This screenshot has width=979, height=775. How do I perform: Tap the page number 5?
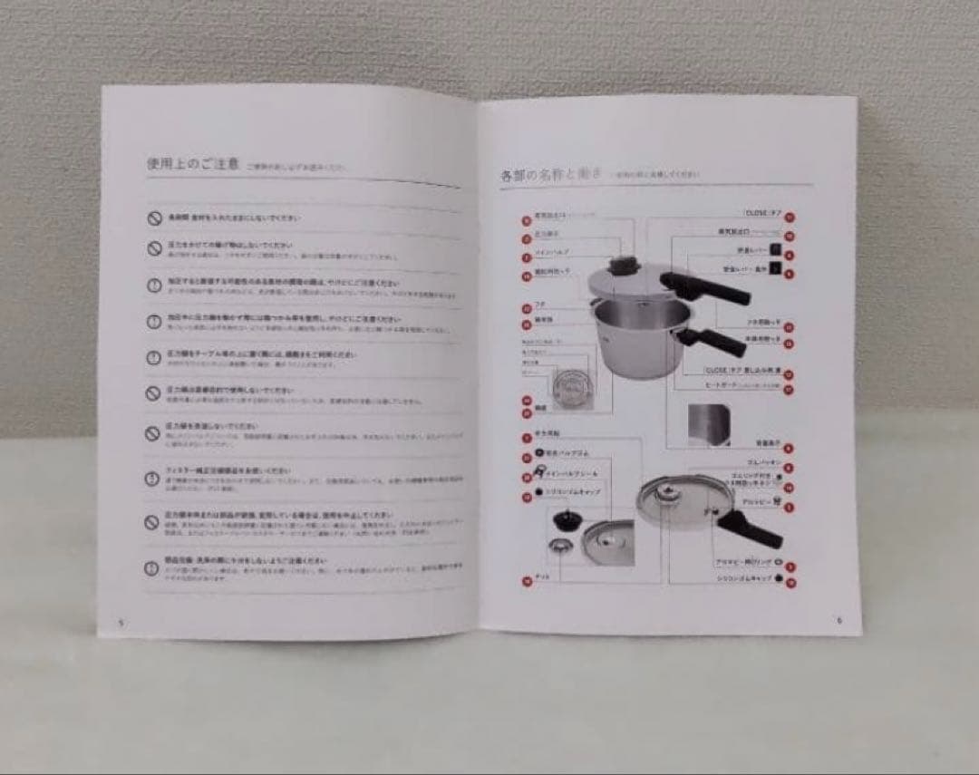pos(120,622)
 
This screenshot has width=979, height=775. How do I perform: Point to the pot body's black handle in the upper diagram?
pos(716,342)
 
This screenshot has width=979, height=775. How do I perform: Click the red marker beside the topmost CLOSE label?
pos(790,216)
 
